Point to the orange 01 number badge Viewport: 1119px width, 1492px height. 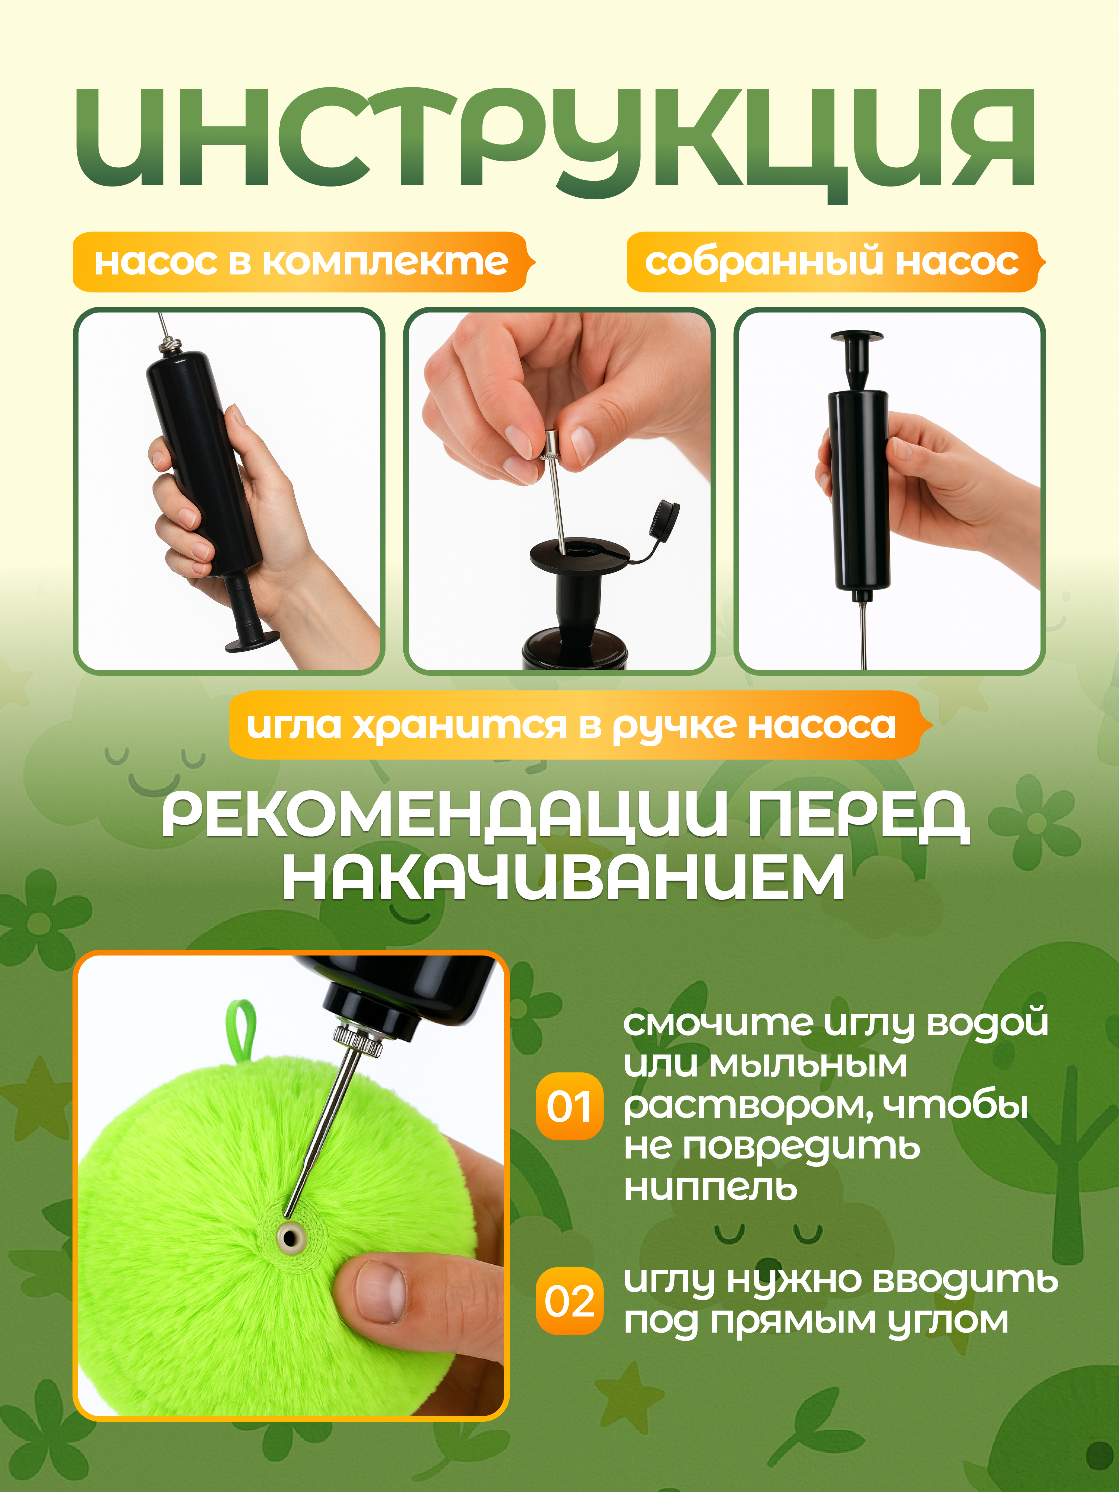pyautogui.click(x=568, y=1106)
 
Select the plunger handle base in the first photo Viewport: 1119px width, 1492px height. pyautogui.click(x=252, y=642)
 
